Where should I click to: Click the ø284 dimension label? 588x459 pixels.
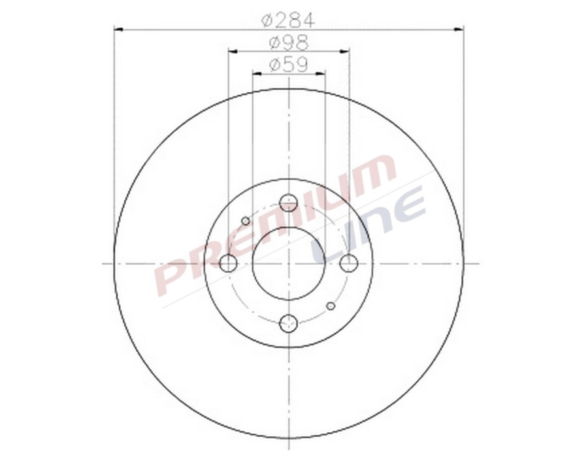click(x=288, y=20)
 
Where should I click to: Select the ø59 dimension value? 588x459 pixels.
click(x=288, y=65)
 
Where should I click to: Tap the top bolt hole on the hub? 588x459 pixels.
click(x=288, y=203)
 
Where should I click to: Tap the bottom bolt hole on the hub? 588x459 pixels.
click(x=288, y=323)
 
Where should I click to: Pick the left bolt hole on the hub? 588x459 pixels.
click(x=228, y=263)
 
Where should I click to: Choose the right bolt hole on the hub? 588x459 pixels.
click(x=349, y=263)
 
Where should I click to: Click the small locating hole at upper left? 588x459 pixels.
click(x=246, y=221)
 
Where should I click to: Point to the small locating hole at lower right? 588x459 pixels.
click(x=331, y=306)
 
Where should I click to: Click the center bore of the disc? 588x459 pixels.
click(x=288, y=263)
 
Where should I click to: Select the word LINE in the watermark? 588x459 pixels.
click(x=369, y=226)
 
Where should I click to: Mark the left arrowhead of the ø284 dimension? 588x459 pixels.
click(x=118, y=29)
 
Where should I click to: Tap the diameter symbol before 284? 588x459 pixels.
click(x=267, y=20)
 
